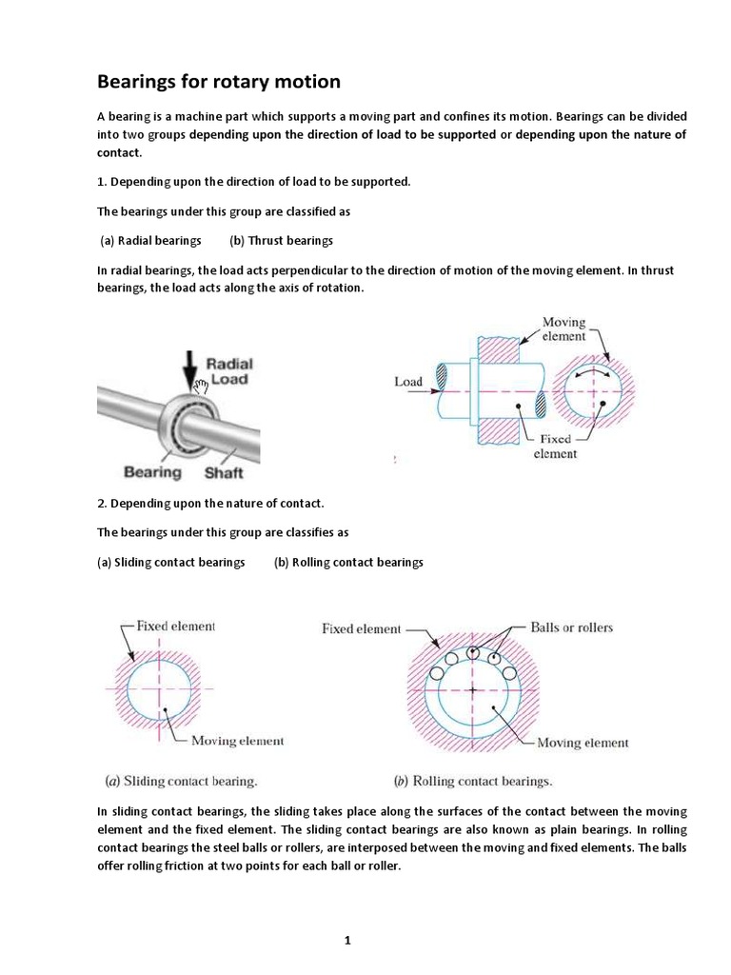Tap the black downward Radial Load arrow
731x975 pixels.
pos(188,367)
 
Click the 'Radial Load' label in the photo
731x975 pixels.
pos(229,370)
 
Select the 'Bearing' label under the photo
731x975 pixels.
pos(152,471)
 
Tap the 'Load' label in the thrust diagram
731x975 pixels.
pos(408,382)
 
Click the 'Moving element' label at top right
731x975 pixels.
pos(563,329)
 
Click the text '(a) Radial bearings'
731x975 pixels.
pos(151,241)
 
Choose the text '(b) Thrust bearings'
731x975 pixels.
pos(281,241)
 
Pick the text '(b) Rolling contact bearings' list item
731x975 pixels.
pos(348,562)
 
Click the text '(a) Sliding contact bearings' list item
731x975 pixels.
pos(171,562)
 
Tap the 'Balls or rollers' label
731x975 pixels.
pos(571,627)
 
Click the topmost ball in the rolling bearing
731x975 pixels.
pos(474,652)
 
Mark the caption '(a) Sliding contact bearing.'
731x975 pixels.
pos(180,782)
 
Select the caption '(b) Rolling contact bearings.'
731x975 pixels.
pos(472,782)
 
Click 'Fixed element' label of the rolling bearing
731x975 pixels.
pos(362,628)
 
